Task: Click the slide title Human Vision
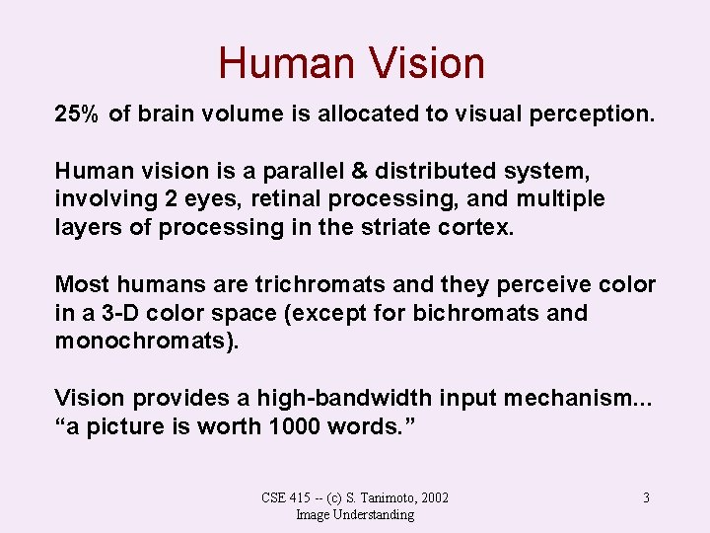point(352,63)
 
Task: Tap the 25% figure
point(76,114)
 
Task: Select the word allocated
point(363,114)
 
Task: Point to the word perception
point(595,114)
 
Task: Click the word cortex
point(482,227)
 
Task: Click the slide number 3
point(646,497)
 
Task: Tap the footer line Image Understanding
point(355,514)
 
